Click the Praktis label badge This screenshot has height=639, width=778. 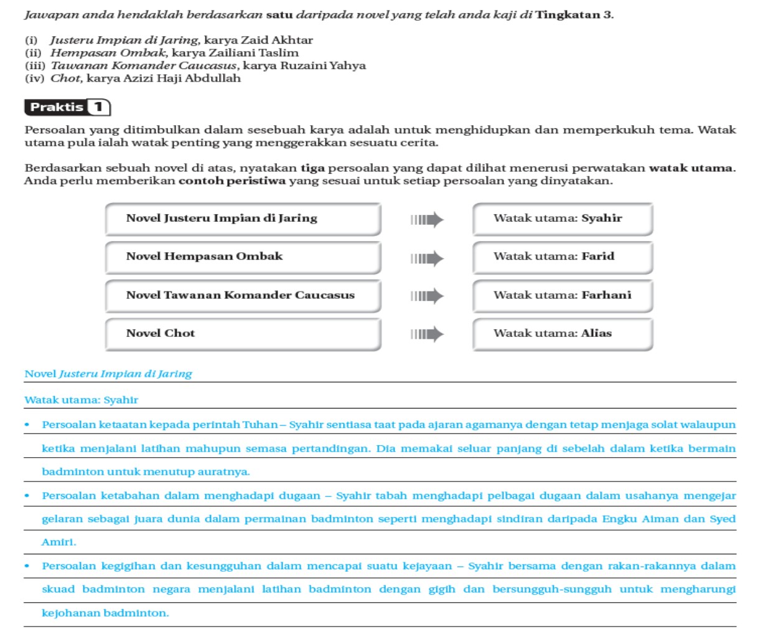pos(57,107)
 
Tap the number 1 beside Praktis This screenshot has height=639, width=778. pos(98,107)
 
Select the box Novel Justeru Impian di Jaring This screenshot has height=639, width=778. pos(243,219)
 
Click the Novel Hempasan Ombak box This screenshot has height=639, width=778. pos(243,257)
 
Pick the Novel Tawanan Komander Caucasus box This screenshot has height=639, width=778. pos(243,296)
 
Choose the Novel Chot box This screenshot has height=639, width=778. pos(243,334)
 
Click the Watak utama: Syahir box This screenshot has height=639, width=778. pos(563,219)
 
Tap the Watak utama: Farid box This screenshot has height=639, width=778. pos(563,257)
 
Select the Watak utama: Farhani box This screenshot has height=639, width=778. pos(563,296)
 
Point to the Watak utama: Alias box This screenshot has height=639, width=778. pos(563,334)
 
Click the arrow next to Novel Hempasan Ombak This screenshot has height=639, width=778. pos(427,258)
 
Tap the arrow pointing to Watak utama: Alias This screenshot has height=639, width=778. pos(427,334)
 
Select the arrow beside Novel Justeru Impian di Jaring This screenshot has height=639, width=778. pos(427,219)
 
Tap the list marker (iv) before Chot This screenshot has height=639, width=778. pos(34,78)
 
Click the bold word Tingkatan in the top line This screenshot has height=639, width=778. pos(567,14)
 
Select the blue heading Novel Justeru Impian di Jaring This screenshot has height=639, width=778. pos(108,374)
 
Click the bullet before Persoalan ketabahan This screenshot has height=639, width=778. pos(27,496)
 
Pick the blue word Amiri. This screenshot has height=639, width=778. pos(59,542)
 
